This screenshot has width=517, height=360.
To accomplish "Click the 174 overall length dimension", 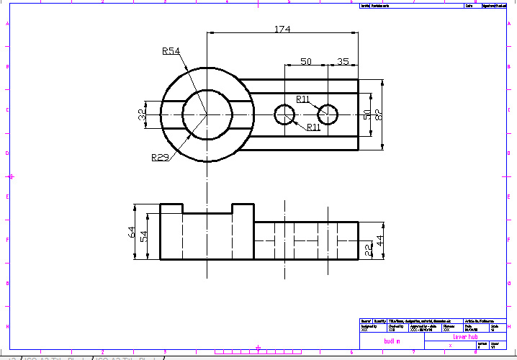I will click(x=282, y=29).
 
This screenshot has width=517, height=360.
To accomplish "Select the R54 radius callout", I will click(x=171, y=51).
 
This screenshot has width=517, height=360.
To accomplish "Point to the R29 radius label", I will click(x=160, y=157).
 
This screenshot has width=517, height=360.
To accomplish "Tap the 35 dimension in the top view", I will click(x=343, y=62).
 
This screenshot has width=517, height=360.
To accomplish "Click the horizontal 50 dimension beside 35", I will click(x=305, y=62).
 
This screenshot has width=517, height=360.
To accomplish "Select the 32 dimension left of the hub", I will click(x=142, y=114).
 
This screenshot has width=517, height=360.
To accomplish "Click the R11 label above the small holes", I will click(x=304, y=99).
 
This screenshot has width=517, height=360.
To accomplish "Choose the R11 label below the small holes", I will click(x=314, y=127).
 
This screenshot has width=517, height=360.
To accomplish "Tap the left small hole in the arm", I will click(x=285, y=114).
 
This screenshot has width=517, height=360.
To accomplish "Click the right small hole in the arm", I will click(x=328, y=114).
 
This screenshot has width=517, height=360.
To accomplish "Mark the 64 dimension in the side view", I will click(x=132, y=232).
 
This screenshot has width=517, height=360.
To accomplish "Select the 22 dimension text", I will click(x=368, y=250).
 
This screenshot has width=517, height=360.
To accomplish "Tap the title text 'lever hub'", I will click(x=465, y=336).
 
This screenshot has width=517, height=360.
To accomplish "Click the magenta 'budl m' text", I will click(x=392, y=341).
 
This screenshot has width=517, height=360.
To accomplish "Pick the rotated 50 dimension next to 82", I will click(x=367, y=114).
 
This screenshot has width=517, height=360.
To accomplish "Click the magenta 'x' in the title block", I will click(x=450, y=346).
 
